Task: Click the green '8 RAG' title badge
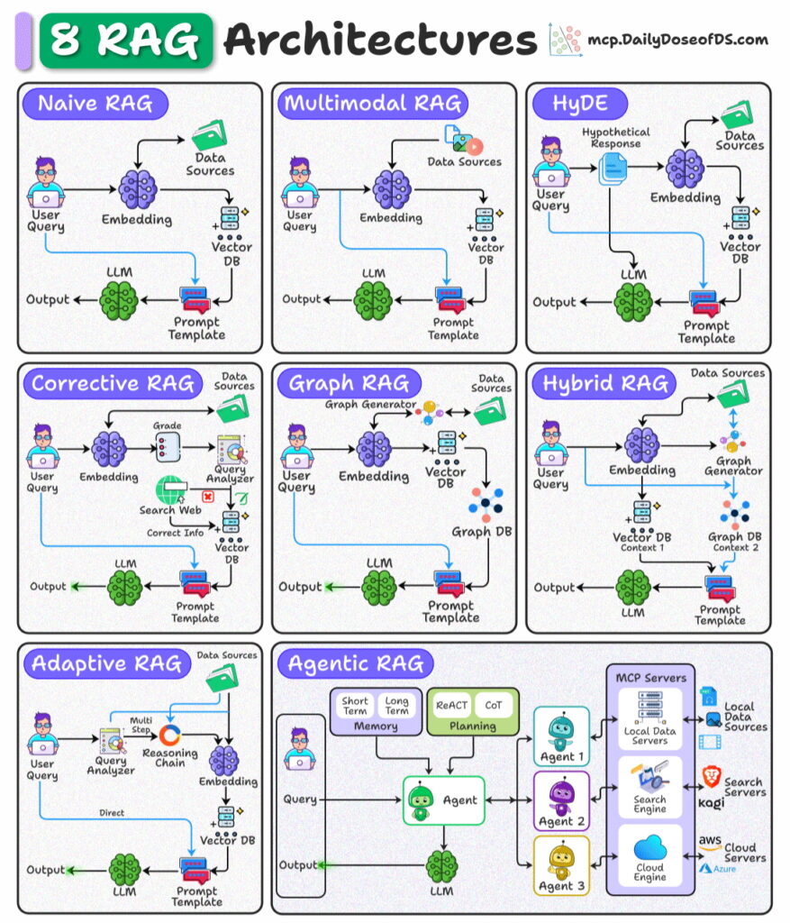point(126,40)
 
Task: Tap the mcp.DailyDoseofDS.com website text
point(677,40)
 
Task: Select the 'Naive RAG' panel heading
point(95,104)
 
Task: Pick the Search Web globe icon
point(168,490)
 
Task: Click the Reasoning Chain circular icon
point(170,735)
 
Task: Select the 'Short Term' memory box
point(355,706)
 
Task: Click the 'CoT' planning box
point(493,705)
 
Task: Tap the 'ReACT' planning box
point(451,705)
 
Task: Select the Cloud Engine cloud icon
point(649,849)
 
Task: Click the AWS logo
point(710,844)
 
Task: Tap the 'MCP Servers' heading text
point(650,677)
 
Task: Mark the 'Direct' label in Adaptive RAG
point(113,813)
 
